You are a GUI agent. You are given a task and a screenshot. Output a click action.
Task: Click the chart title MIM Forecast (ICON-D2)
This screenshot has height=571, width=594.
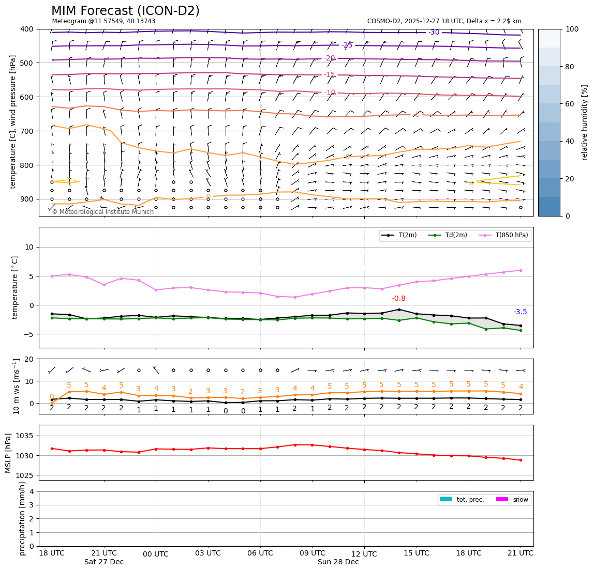coord(125,11)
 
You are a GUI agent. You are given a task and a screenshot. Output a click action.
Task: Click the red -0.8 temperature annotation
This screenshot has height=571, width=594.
coord(398,299)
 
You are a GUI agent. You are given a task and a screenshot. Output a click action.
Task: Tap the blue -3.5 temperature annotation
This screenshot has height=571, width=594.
coord(520,312)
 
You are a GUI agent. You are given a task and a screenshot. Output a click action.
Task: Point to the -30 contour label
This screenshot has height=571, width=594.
coord(434,33)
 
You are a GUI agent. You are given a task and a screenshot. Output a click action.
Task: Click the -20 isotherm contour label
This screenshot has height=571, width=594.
coord(330,58)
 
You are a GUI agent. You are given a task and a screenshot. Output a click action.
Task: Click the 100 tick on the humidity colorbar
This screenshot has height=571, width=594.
coord(572,29)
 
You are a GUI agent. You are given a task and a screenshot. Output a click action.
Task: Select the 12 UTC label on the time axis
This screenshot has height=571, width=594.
coord(364,554)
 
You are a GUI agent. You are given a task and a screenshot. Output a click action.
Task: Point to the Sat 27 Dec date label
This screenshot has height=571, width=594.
coord(104,562)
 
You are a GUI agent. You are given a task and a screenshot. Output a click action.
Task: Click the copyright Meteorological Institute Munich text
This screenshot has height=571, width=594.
coord(102,212)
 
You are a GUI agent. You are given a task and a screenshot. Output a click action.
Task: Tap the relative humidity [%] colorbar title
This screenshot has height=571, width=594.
coord(585,122)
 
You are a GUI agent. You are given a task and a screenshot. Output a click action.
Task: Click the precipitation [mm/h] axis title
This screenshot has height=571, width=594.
coord(22,518)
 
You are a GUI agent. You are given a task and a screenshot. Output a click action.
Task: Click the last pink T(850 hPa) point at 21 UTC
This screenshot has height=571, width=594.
coord(521,270)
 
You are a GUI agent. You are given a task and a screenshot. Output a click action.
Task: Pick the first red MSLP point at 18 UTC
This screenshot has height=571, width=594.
coord(52,449)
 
